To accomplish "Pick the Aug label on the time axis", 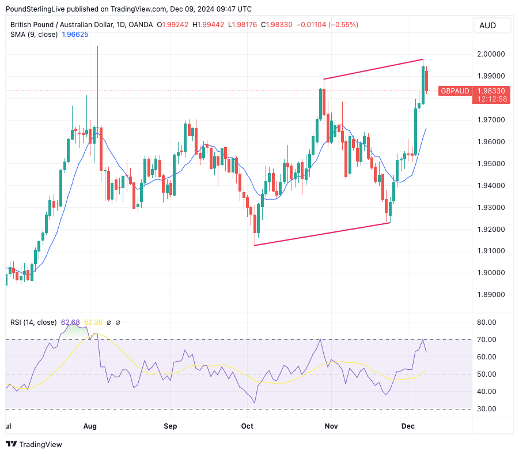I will pyautogui.click(x=90, y=426).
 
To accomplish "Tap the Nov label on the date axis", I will pyautogui.click(x=330, y=426).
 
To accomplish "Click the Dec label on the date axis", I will pyautogui.click(x=408, y=426).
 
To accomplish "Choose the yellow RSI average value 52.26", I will pyautogui.click(x=94, y=322).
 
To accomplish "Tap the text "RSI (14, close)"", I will pyautogui.click(x=33, y=322).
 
